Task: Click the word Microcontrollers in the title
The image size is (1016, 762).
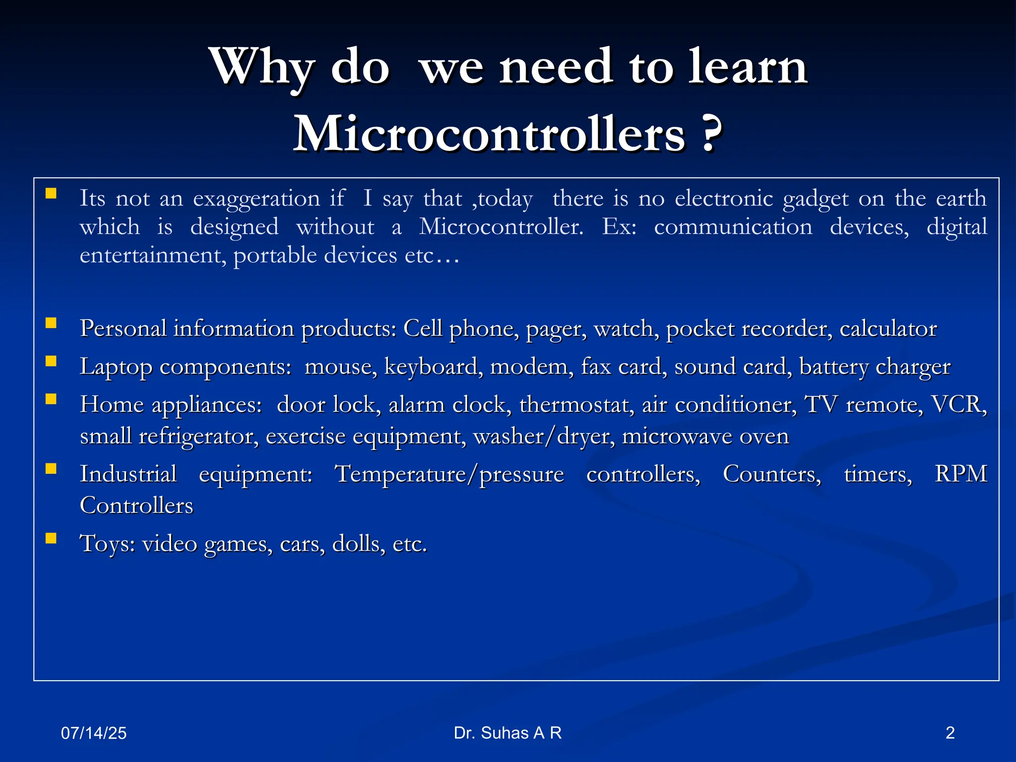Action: click(x=489, y=134)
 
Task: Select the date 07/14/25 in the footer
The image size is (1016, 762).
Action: click(x=94, y=733)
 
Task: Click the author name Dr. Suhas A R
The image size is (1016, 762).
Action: click(x=508, y=733)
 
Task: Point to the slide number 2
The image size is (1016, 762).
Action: click(x=950, y=733)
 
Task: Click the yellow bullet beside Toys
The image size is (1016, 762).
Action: click(x=51, y=538)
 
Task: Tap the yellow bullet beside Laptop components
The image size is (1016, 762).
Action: click(x=51, y=361)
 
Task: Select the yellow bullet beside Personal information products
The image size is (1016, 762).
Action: click(x=51, y=323)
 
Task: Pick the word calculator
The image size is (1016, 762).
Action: click(x=888, y=329)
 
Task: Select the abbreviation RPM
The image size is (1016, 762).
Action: click(x=961, y=474)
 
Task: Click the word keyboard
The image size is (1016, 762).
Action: click(x=431, y=367)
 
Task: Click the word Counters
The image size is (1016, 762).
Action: click(x=772, y=474)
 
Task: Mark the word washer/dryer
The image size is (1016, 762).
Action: click(x=544, y=437)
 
